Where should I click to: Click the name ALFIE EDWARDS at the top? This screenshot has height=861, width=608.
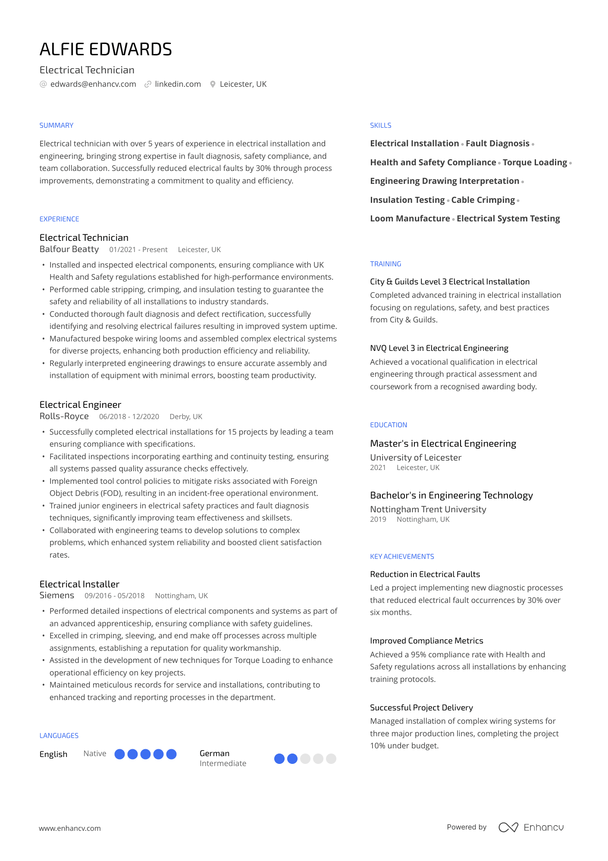106,50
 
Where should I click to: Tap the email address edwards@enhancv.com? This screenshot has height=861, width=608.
93,84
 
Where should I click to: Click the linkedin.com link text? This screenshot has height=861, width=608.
178,84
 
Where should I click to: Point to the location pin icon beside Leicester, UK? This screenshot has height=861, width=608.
213,85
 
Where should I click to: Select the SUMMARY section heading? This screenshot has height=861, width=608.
56,126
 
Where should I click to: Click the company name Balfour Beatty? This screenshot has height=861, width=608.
69,249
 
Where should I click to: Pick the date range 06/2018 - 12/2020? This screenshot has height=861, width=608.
129,416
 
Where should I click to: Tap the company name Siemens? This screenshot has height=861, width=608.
57,596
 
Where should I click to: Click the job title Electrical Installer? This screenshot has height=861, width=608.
79,584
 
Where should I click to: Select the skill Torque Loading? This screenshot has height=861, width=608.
535,163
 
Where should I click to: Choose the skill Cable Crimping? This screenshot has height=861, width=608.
483,200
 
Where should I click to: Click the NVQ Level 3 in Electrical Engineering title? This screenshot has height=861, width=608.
439,348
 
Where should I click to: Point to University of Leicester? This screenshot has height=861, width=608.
416,457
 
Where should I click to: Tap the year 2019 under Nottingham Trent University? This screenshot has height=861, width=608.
378,520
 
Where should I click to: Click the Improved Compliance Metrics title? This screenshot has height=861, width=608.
426,641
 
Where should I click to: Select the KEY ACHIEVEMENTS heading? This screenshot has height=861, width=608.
402,557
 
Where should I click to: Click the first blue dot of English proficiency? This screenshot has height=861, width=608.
120,754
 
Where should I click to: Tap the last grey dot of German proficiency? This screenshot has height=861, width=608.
331,759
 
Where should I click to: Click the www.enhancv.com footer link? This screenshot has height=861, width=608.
70,829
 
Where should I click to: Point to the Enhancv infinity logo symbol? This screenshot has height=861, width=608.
508,827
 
